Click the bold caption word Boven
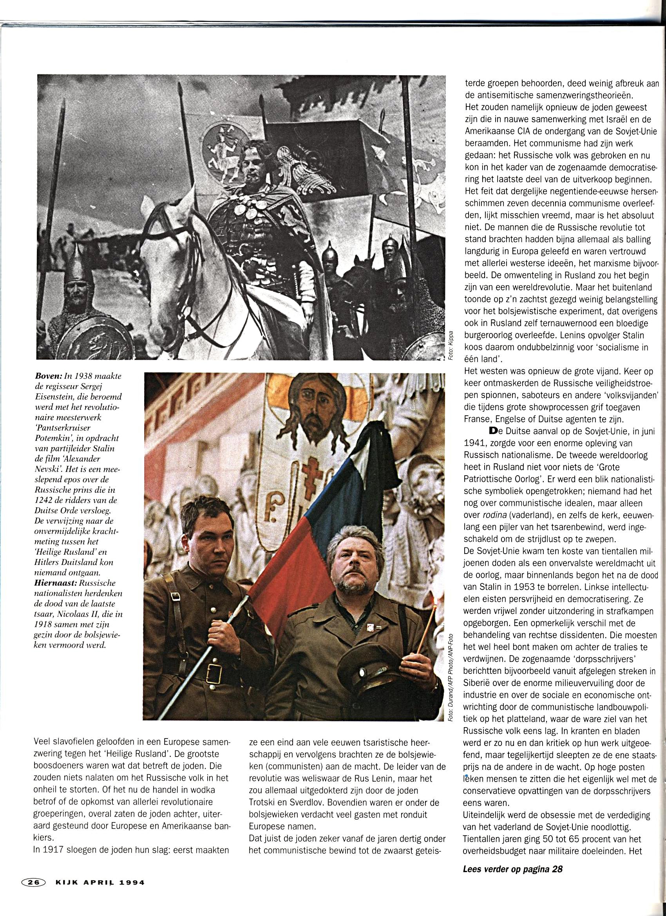tap(49, 376)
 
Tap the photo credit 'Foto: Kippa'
tap(451, 345)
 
